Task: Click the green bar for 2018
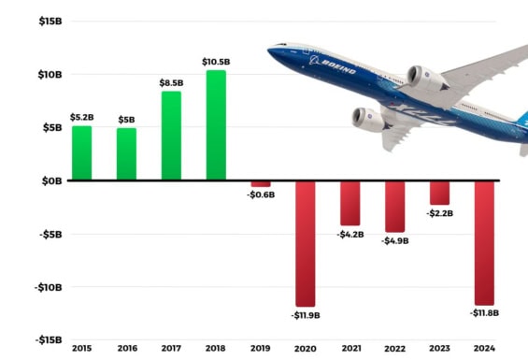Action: [216, 125]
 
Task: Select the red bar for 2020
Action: [306, 243]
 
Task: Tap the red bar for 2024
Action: [484, 242]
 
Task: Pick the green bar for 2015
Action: [82, 152]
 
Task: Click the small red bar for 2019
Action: [261, 183]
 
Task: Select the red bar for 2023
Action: [439, 193]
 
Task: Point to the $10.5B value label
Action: [216, 62]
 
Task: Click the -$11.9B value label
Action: [306, 316]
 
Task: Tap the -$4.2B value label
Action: [350, 234]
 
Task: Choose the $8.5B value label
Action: [171, 82]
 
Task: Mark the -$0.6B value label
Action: [261, 195]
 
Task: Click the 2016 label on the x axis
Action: [126, 349]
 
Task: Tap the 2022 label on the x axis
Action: [395, 349]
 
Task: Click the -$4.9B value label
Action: [395, 240]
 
